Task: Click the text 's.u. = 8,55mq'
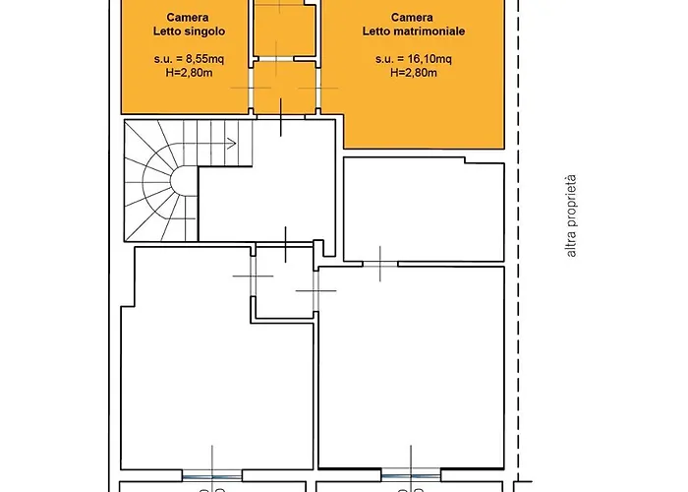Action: [x=189, y=58]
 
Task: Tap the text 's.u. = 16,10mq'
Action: [x=414, y=58]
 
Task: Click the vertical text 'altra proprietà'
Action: [x=571, y=216]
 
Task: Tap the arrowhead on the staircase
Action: [x=232, y=144]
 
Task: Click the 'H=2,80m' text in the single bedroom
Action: [x=189, y=73]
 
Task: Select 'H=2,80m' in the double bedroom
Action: [x=414, y=73]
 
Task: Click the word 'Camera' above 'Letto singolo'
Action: [x=188, y=18]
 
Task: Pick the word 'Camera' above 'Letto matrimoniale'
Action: [x=412, y=18]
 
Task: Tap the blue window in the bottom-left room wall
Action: [x=212, y=476]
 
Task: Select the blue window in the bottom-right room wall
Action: [x=411, y=475]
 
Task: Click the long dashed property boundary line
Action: [x=519, y=241]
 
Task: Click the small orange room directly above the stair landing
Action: [x=285, y=88]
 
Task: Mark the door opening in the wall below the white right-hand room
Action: [x=380, y=265]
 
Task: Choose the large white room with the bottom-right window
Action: [x=411, y=368]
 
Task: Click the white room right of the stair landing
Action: [x=424, y=210]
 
